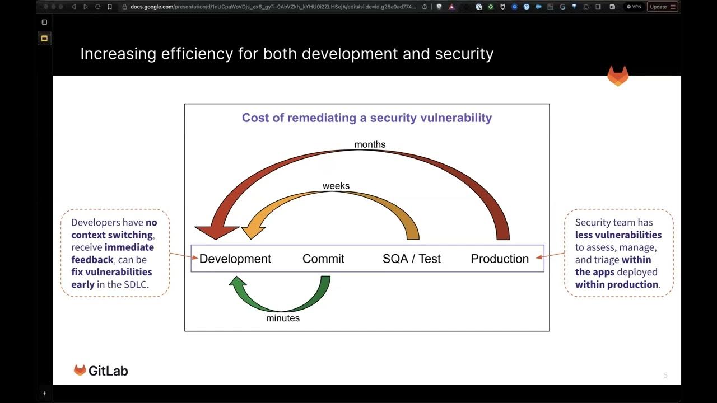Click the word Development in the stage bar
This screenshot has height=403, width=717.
[x=235, y=259]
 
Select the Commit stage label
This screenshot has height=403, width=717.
[x=323, y=259]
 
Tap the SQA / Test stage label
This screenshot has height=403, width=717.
[x=411, y=259]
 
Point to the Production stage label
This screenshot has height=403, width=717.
[x=499, y=259]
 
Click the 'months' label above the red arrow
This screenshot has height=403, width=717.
[x=370, y=144]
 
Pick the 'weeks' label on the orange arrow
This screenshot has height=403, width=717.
[x=336, y=186]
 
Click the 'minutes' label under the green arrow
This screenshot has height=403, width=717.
[x=283, y=318]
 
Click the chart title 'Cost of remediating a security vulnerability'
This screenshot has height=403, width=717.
[x=366, y=118]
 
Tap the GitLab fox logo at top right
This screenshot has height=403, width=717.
[x=618, y=76]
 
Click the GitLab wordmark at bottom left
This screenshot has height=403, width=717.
[x=108, y=371]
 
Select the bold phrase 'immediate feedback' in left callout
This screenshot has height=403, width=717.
[x=113, y=253]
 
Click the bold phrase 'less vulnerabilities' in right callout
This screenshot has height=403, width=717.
[x=618, y=235]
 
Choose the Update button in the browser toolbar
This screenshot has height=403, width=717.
[x=662, y=7]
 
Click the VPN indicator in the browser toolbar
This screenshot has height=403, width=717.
[x=634, y=7]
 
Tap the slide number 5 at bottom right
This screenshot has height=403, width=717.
[x=665, y=375]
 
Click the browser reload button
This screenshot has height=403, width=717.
[x=97, y=7]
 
